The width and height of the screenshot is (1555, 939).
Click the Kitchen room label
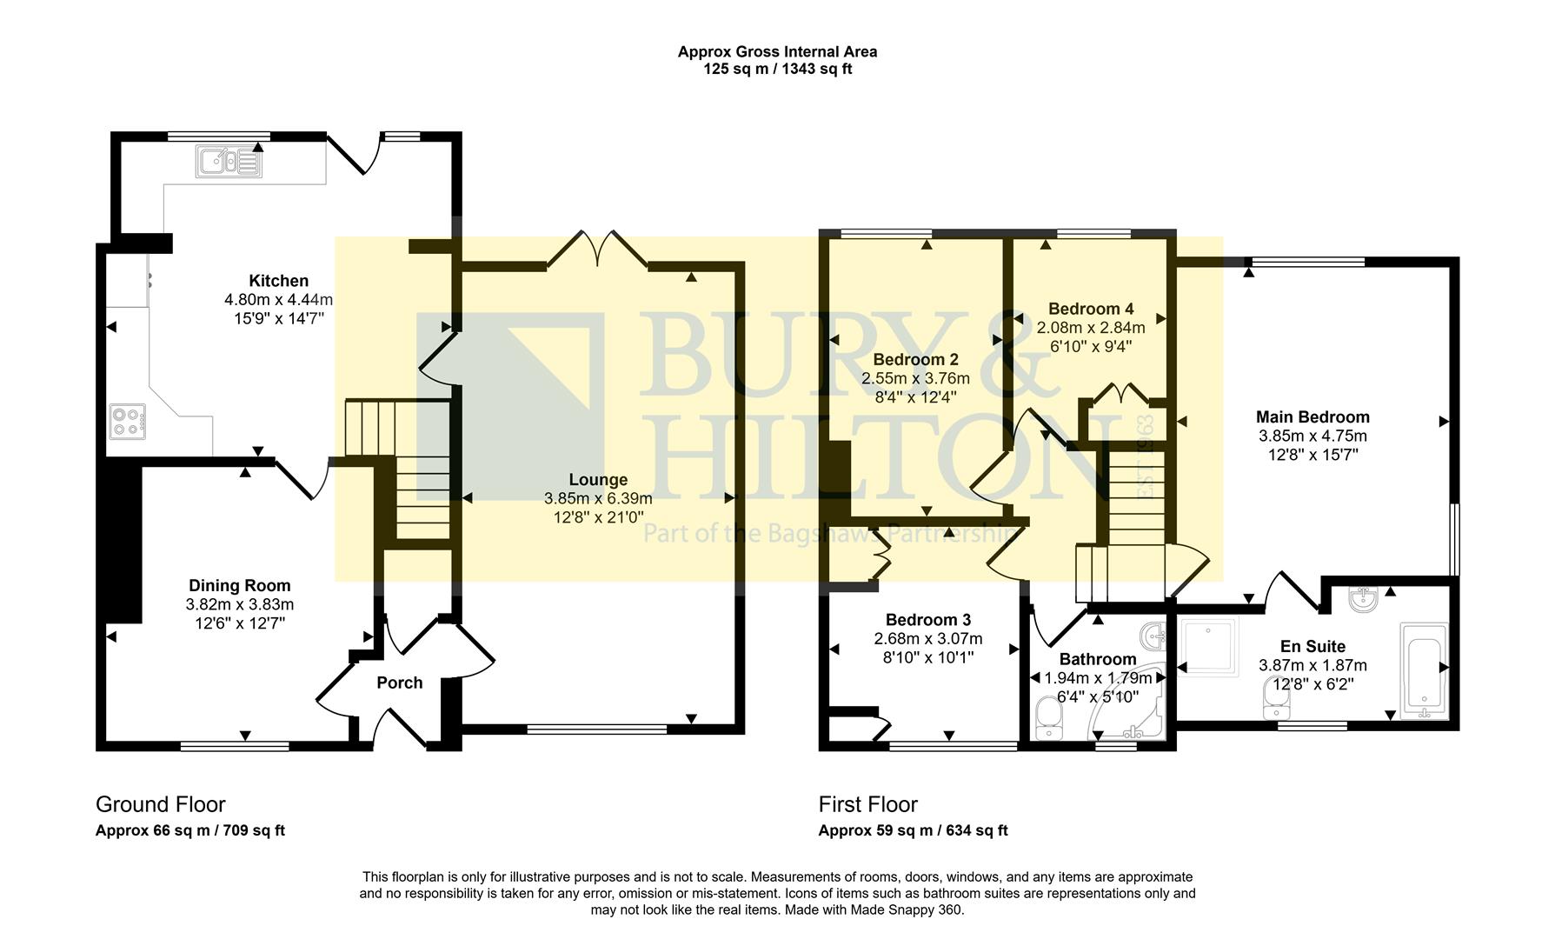click(x=278, y=281)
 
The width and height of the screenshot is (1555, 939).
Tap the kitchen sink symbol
click(x=229, y=162)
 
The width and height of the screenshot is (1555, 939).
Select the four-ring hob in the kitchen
click(x=127, y=422)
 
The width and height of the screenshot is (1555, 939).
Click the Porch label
click(x=399, y=683)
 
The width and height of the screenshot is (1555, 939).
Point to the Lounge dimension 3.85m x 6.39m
click(x=598, y=498)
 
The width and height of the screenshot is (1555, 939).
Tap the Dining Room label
click(x=240, y=586)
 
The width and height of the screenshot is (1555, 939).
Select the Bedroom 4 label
click(x=1090, y=309)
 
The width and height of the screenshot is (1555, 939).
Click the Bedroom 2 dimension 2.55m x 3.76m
click(x=915, y=379)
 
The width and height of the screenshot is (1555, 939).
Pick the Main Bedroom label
click(x=1312, y=417)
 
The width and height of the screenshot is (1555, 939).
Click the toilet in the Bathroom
click(x=1050, y=718)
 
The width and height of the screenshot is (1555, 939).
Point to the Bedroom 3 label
click(x=927, y=620)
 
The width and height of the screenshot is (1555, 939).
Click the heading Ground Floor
click(x=160, y=804)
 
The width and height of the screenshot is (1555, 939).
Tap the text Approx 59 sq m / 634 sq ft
click(x=913, y=830)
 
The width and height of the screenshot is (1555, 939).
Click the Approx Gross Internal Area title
click(x=777, y=51)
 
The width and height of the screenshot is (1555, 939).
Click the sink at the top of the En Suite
click(x=1361, y=599)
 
